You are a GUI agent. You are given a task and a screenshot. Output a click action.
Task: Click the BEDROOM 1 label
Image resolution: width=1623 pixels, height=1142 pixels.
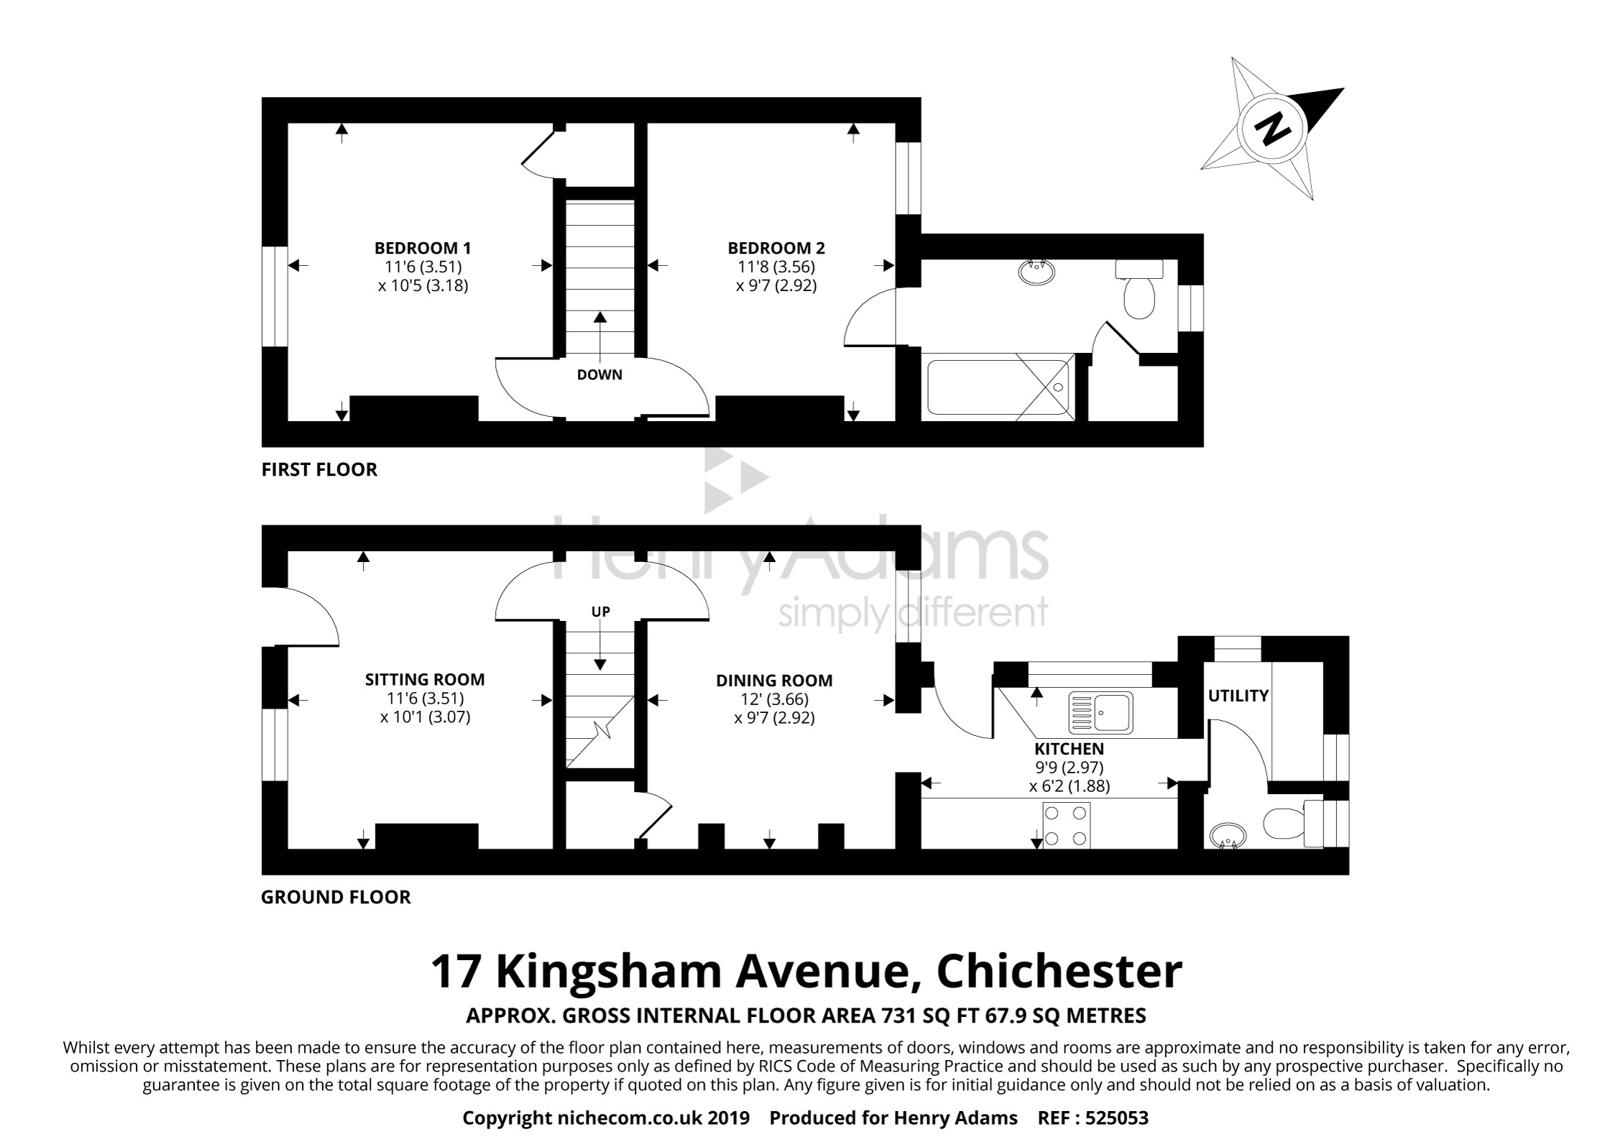coord(423,248)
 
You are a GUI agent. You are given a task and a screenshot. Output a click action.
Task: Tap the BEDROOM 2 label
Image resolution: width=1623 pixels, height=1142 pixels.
coord(776,248)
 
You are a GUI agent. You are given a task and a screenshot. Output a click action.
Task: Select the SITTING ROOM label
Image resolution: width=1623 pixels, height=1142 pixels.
coord(425,679)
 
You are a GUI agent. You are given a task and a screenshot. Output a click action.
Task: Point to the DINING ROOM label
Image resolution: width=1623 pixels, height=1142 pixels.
coord(774,680)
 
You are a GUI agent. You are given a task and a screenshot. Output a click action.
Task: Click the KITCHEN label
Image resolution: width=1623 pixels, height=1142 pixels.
coord(1069,749)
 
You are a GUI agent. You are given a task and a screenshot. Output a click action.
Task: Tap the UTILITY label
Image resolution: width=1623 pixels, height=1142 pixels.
coord(1238,696)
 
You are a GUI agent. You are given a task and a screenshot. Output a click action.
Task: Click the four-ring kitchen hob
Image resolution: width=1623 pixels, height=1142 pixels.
coord(1066,826)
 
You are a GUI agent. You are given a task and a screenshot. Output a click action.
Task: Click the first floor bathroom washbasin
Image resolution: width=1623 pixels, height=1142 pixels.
coord(1037,272)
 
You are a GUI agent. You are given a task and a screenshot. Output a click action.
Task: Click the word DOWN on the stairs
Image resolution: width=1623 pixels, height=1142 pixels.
coord(599,374)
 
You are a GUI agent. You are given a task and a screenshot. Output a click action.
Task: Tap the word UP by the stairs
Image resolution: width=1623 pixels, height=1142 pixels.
coord(600,612)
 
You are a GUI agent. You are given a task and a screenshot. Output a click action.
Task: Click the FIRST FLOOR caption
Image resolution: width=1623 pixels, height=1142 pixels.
coord(319,470)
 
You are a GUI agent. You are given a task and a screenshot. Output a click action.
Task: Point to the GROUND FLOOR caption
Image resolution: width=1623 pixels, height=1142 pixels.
coord(336,898)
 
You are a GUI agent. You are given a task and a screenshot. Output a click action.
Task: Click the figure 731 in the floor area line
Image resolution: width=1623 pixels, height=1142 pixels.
coord(896,1016)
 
